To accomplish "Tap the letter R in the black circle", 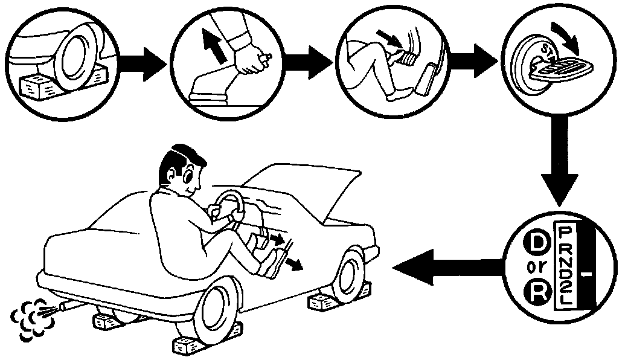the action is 536,296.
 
